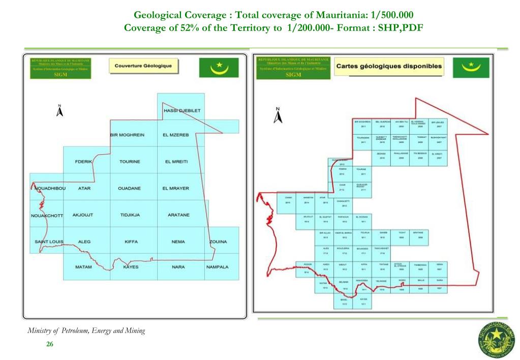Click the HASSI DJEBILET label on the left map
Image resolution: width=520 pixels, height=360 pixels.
click(182, 111)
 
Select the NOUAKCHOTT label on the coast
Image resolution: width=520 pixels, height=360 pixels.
click(47, 215)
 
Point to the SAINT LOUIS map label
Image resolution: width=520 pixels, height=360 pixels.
click(49, 242)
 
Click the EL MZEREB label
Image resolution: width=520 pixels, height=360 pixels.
click(175, 135)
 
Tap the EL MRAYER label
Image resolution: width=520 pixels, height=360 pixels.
click(175, 189)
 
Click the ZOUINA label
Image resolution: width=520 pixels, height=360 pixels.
click(218, 242)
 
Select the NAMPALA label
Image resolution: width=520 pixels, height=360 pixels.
click(217, 267)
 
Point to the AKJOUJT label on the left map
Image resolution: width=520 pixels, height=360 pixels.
click(83, 215)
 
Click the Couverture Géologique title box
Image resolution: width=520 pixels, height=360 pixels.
click(143, 66)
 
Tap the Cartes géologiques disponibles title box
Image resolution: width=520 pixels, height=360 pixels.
click(389, 67)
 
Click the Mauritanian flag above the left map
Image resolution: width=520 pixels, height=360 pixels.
click(219, 67)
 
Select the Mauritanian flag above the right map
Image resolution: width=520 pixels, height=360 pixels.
click(471, 67)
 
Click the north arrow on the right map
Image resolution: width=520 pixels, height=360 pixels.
click(278, 116)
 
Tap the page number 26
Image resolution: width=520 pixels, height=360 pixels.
click(50, 344)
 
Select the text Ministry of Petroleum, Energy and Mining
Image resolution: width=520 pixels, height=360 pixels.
click(86, 331)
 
